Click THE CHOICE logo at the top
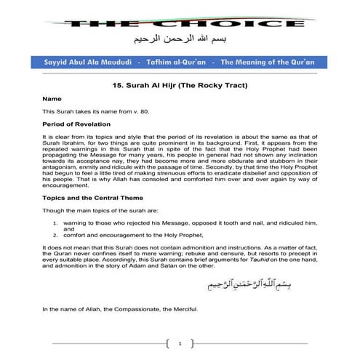pos(180,23)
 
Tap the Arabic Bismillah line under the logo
pos(180,40)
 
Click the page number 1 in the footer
pos(180,341)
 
